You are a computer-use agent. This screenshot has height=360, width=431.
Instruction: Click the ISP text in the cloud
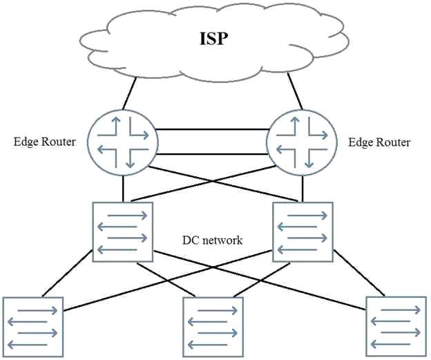click(x=213, y=39)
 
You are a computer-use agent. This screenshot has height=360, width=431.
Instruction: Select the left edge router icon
click(x=122, y=142)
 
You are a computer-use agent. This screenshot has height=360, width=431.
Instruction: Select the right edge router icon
click(x=302, y=142)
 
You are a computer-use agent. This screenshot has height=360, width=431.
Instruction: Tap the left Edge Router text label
click(x=44, y=142)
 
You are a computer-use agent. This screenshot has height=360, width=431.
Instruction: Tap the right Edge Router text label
click(x=379, y=142)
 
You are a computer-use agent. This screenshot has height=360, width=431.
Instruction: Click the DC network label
click(x=213, y=240)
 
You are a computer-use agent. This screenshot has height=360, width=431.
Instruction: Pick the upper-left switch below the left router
click(x=122, y=232)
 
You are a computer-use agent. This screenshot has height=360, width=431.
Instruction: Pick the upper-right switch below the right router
click(x=303, y=232)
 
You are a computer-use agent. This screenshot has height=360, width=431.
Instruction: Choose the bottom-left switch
click(x=33, y=327)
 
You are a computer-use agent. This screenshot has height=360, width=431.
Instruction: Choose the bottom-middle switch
click(x=213, y=327)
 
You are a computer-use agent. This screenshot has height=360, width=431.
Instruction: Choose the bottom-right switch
click(x=396, y=327)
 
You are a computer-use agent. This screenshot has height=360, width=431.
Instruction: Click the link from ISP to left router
click(x=129, y=93)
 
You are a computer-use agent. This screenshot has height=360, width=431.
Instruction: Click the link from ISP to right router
click(x=295, y=91)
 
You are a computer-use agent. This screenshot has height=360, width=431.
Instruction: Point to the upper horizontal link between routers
click(x=212, y=129)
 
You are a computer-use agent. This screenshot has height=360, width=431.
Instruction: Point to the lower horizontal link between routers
click(x=212, y=154)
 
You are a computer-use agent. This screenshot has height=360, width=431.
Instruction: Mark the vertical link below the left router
click(x=123, y=189)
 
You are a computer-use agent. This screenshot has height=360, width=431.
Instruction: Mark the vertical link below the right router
click(x=303, y=189)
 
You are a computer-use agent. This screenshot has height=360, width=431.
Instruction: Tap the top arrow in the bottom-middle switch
click(x=218, y=311)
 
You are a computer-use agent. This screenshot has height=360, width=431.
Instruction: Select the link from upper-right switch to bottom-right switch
click(x=359, y=274)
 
